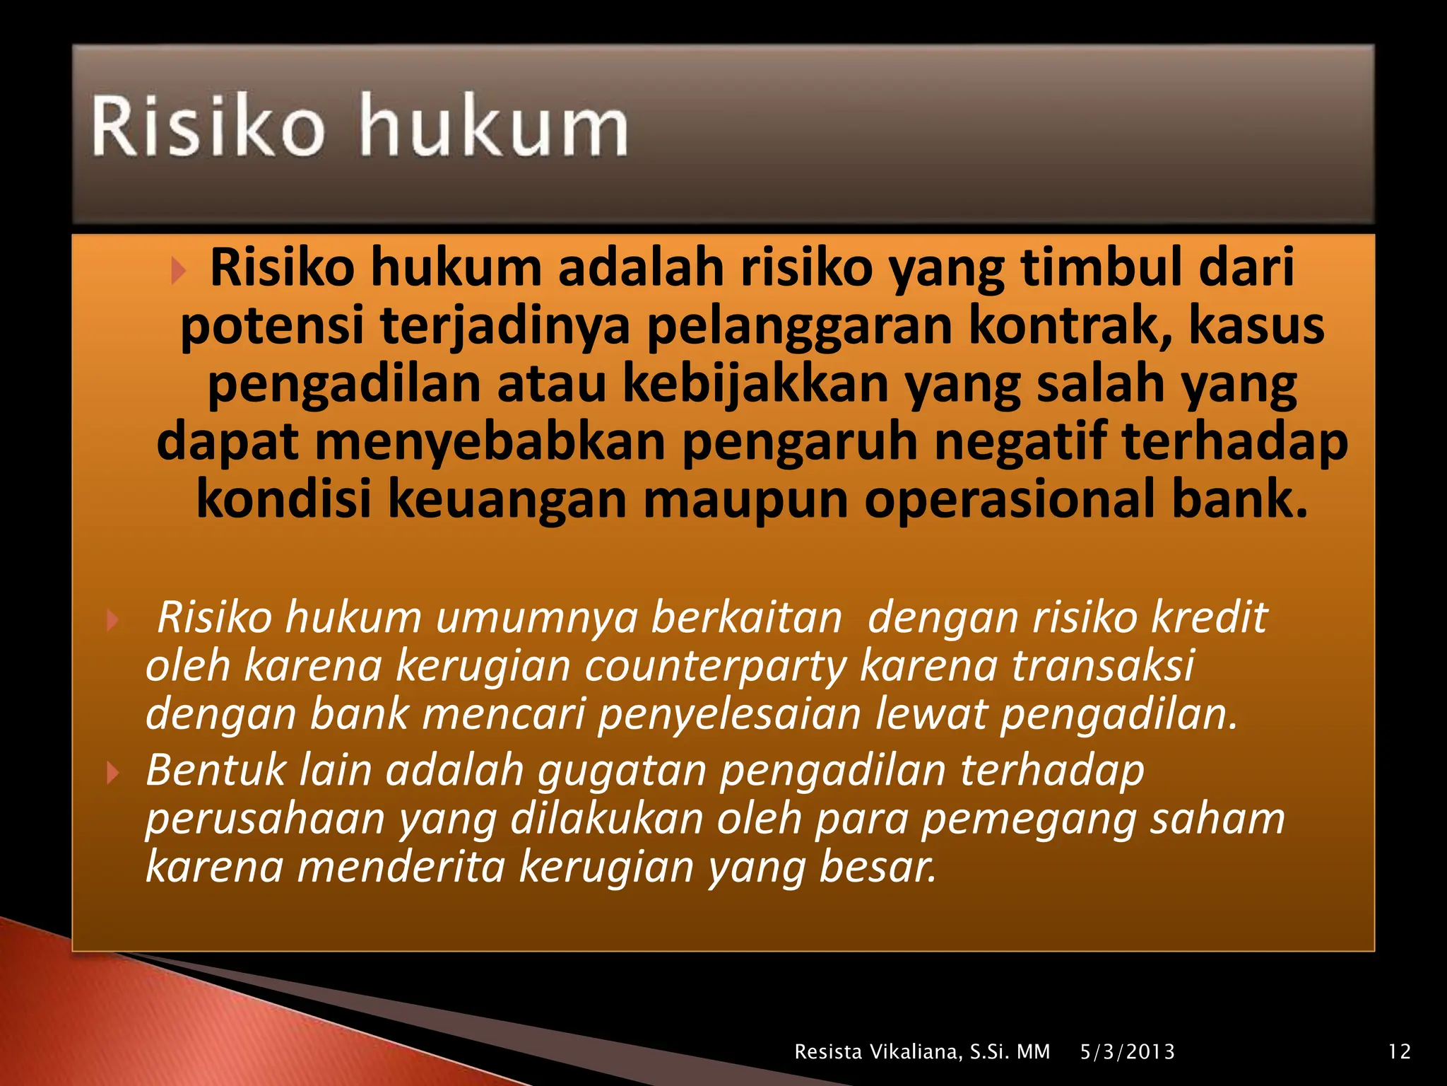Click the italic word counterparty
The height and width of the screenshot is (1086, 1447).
pyautogui.click(x=715, y=666)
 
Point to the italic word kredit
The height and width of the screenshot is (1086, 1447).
pyautogui.click(x=1209, y=617)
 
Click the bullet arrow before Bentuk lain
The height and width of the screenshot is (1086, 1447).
pyautogui.click(x=112, y=773)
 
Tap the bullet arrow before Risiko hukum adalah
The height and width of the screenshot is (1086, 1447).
pyautogui.click(x=178, y=271)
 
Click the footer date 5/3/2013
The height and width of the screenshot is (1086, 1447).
pyautogui.click(x=1127, y=1051)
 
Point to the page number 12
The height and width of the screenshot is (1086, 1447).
pyautogui.click(x=1399, y=1051)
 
